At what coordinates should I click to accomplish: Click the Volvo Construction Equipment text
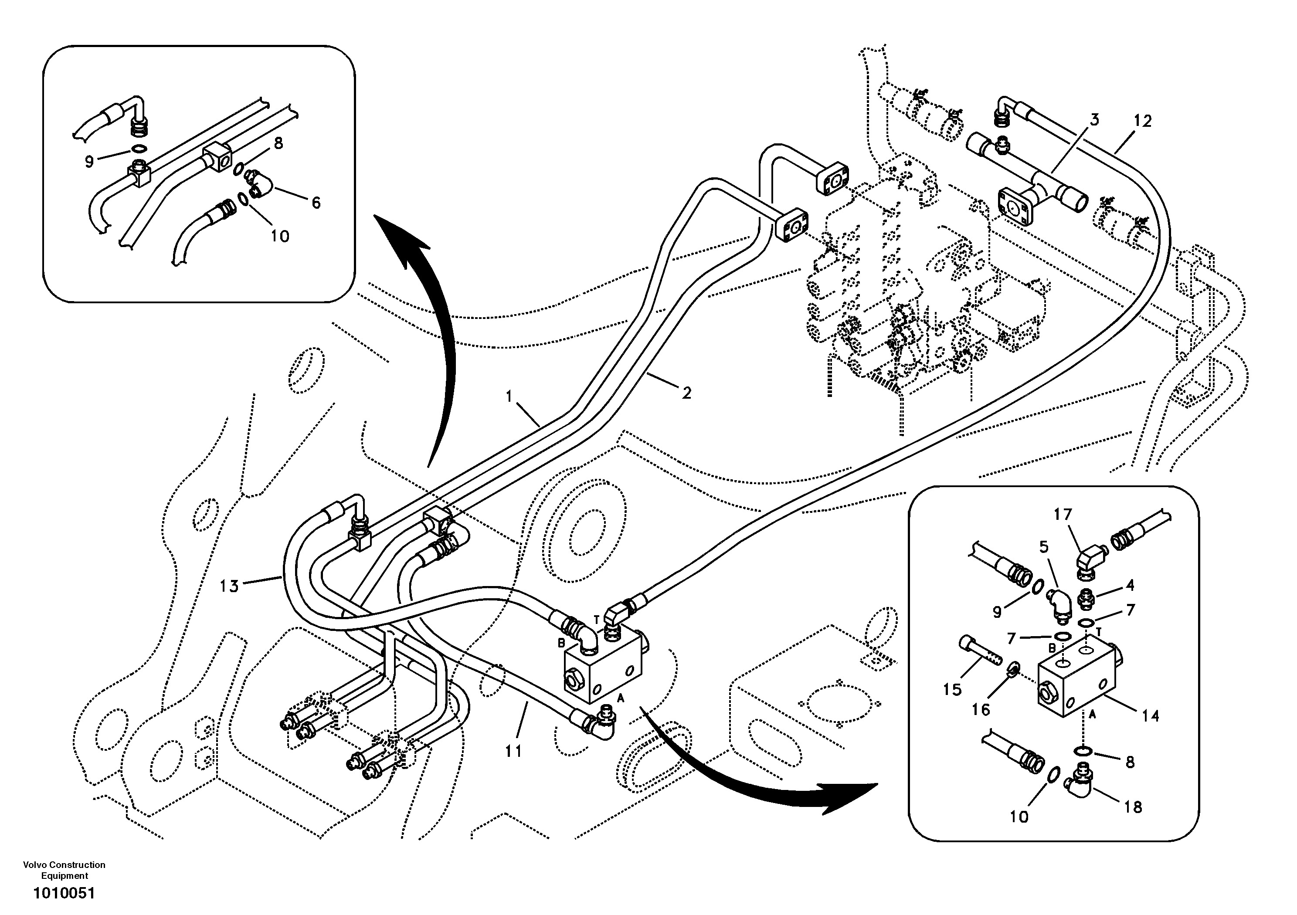(64, 870)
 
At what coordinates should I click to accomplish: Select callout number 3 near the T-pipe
(1094, 120)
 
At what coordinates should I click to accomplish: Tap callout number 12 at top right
(1142, 121)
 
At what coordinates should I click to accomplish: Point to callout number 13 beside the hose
(229, 586)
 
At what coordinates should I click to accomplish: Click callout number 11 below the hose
(513, 751)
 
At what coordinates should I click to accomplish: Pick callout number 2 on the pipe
(686, 393)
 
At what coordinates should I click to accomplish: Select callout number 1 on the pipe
(509, 396)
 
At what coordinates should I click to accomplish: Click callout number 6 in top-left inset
(316, 203)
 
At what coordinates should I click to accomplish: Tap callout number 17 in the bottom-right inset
(1063, 515)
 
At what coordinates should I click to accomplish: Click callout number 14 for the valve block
(1150, 716)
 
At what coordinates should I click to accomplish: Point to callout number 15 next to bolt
(952, 690)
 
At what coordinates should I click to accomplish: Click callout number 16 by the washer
(981, 709)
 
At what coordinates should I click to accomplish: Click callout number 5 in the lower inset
(1043, 547)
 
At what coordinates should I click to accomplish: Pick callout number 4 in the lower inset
(1130, 586)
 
